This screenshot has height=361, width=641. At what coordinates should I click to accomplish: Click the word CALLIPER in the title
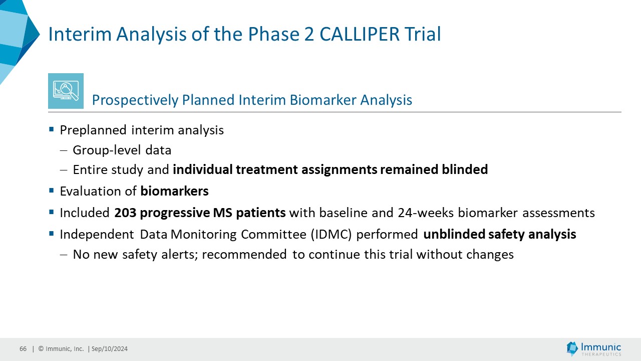pos(359,34)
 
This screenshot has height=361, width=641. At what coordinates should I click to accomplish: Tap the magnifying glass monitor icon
pos(66,91)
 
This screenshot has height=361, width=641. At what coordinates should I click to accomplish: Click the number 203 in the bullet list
pos(125,213)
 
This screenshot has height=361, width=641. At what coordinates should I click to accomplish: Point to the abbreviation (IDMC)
pos(331,234)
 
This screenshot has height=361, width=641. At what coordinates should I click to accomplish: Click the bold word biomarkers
pos(175,191)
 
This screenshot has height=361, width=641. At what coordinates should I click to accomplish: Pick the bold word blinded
pos(465,169)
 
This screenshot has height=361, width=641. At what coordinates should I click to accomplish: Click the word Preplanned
pos(93,130)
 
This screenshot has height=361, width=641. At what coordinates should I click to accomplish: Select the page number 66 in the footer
pos(23,348)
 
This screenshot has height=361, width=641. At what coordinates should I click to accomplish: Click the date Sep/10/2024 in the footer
pos(110,348)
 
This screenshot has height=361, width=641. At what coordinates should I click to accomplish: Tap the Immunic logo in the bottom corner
pos(593,348)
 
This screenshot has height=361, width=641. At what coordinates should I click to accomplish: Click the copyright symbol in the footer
pos(41,348)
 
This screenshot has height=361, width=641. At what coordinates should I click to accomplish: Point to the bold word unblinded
pos(454,234)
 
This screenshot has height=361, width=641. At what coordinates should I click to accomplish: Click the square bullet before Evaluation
pos(52,190)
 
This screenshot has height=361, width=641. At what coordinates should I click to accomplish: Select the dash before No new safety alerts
pos(64,254)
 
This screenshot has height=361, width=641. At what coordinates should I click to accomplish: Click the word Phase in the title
pos(271,34)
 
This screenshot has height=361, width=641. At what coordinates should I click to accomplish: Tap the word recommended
pos(244,254)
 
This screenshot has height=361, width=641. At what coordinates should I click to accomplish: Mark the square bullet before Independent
pos(52,234)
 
